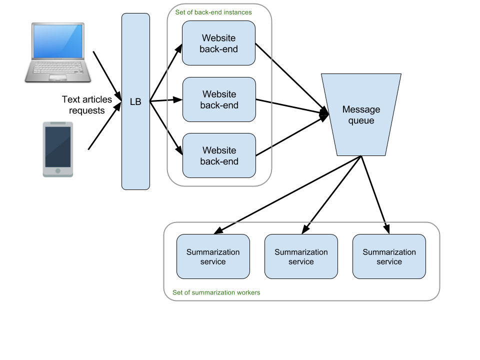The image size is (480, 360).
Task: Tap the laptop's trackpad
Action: pos(58,77)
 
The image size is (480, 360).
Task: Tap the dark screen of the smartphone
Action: pos(58,146)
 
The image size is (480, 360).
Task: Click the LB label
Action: pos(135,102)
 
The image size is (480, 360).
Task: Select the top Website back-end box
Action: pos(218,43)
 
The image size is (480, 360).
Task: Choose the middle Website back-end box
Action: pos(219,99)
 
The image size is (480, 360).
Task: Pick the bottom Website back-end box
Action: pos(219,155)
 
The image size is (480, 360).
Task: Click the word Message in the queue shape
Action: pos(361,109)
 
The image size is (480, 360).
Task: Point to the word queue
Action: pos(361,120)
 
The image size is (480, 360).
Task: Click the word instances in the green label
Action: pos(238,12)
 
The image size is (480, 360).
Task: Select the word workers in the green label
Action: pos(248,292)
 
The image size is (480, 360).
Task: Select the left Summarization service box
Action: pos(213,256)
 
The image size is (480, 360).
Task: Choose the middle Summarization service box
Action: pos(301,256)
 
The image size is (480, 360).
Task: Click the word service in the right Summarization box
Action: pos(389,261)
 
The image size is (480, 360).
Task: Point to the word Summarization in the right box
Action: pos(389,252)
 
